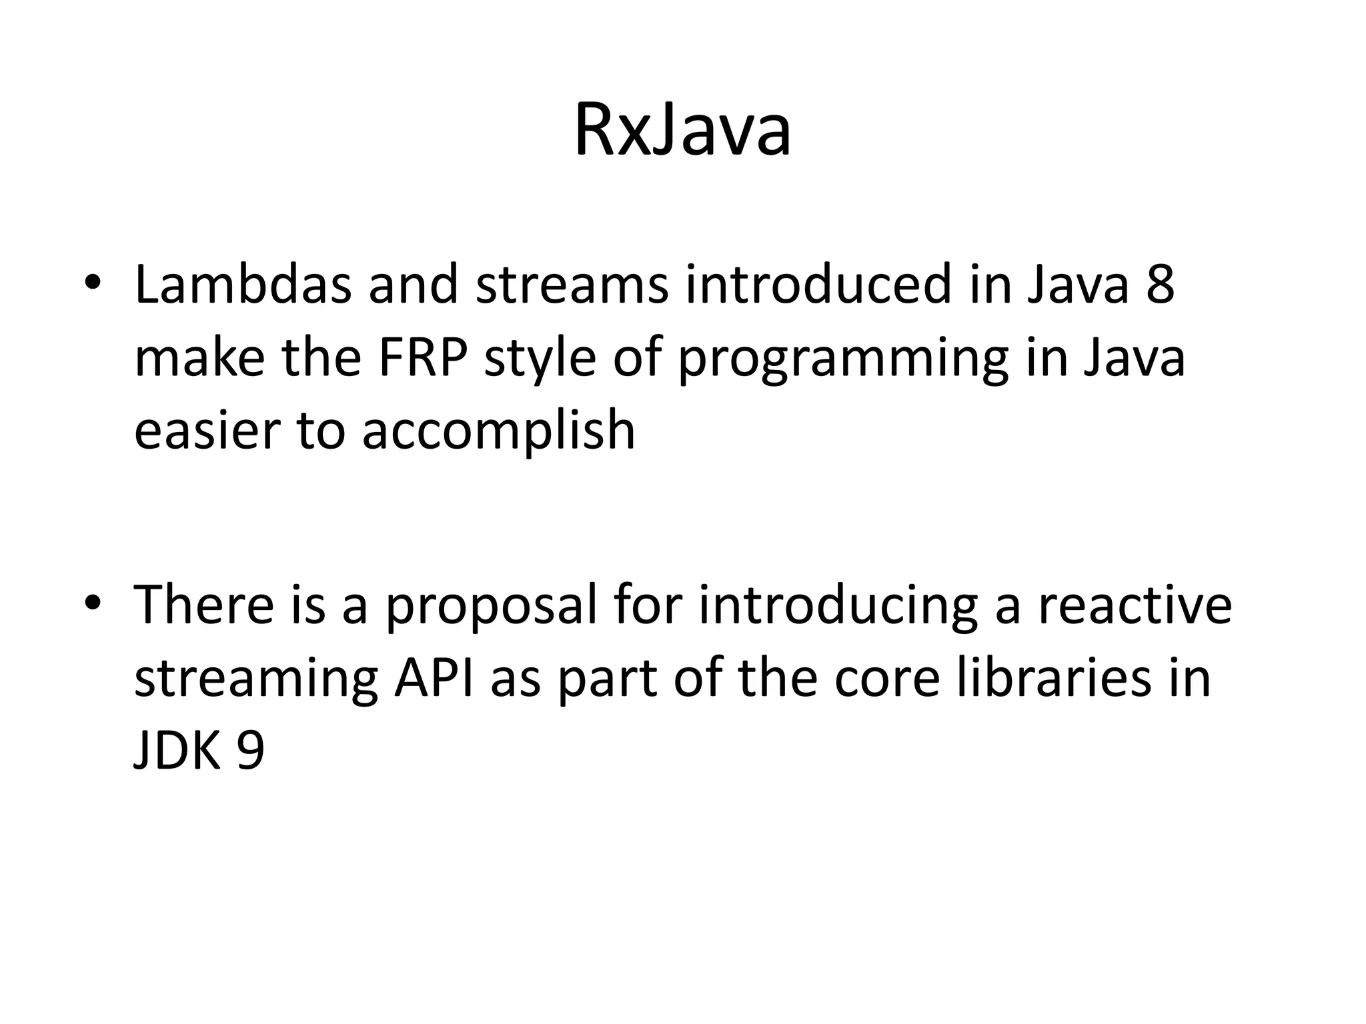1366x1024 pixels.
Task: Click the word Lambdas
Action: (x=243, y=285)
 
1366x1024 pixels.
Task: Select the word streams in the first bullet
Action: (x=572, y=285)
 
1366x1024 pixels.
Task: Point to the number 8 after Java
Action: (x=1160, y=285)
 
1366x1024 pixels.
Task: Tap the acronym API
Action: (x=434, y=678)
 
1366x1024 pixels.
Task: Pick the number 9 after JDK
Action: (x=251, y=751)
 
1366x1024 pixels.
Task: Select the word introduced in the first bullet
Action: (x=818, y=285)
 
